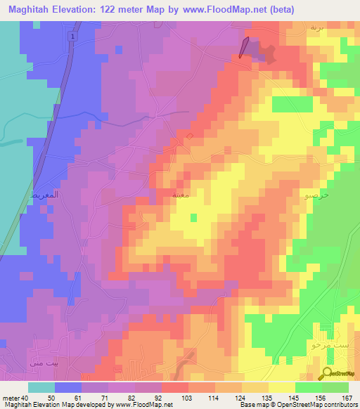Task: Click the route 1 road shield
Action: click(73, 35)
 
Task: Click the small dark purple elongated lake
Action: click(243, 47)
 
